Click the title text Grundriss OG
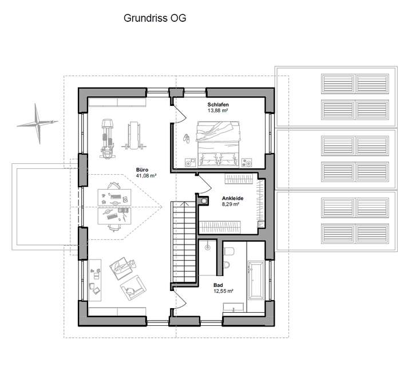(x=154, y=18)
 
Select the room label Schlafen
(x=219, y=105)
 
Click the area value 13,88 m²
(x=219, y=112)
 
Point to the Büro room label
(x=142, y=169)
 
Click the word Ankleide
(x=232, y=198)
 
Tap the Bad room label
(x=218, y=284)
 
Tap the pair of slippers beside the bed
(x=187, y=137)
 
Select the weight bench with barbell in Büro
(x=134, y=136)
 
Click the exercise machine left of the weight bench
(x=107, y=137)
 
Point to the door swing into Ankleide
(x=203, y=184)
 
